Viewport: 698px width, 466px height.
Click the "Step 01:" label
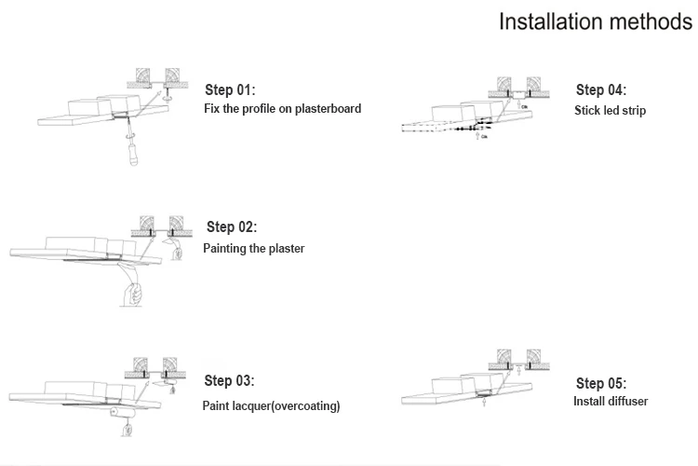[x=230, y=90]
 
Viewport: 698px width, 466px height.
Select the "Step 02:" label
[x=232, y=227]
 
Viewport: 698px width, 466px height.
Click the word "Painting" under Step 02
[x=227, y=249]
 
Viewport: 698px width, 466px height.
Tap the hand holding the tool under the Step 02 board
[x=132, y=293]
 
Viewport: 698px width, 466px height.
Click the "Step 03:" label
[x=229, y=381]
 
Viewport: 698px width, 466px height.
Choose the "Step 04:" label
[x=601, y=90]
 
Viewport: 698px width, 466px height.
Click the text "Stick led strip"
[x=610, y=111]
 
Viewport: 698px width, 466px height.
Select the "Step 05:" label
[x=601, y=383]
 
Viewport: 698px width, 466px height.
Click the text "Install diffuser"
[x=611, y=402]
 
